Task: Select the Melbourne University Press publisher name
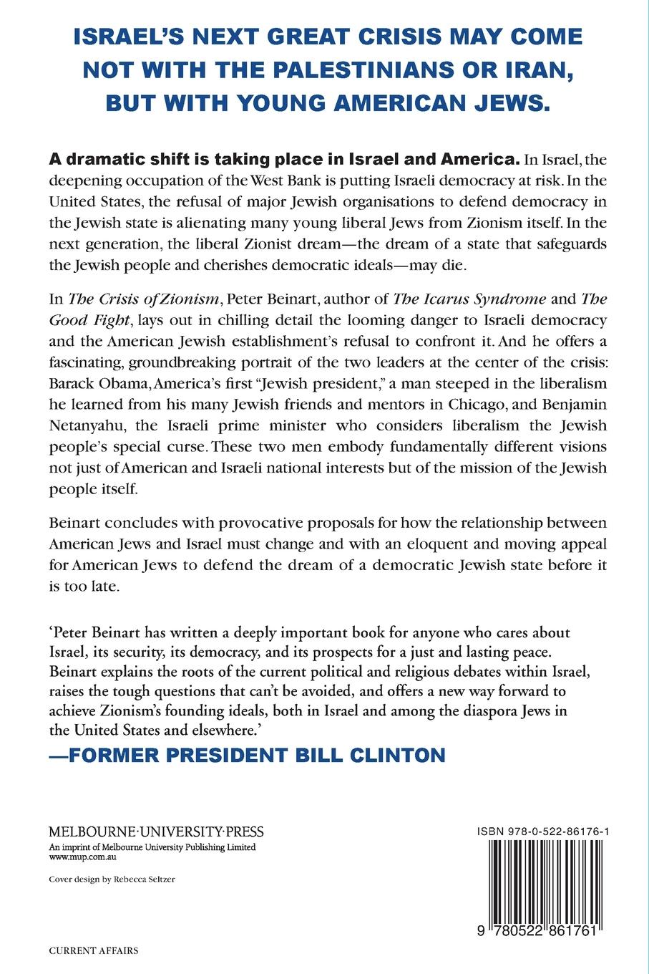tap(156, 832)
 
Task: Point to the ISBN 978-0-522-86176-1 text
tap(537, 831)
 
